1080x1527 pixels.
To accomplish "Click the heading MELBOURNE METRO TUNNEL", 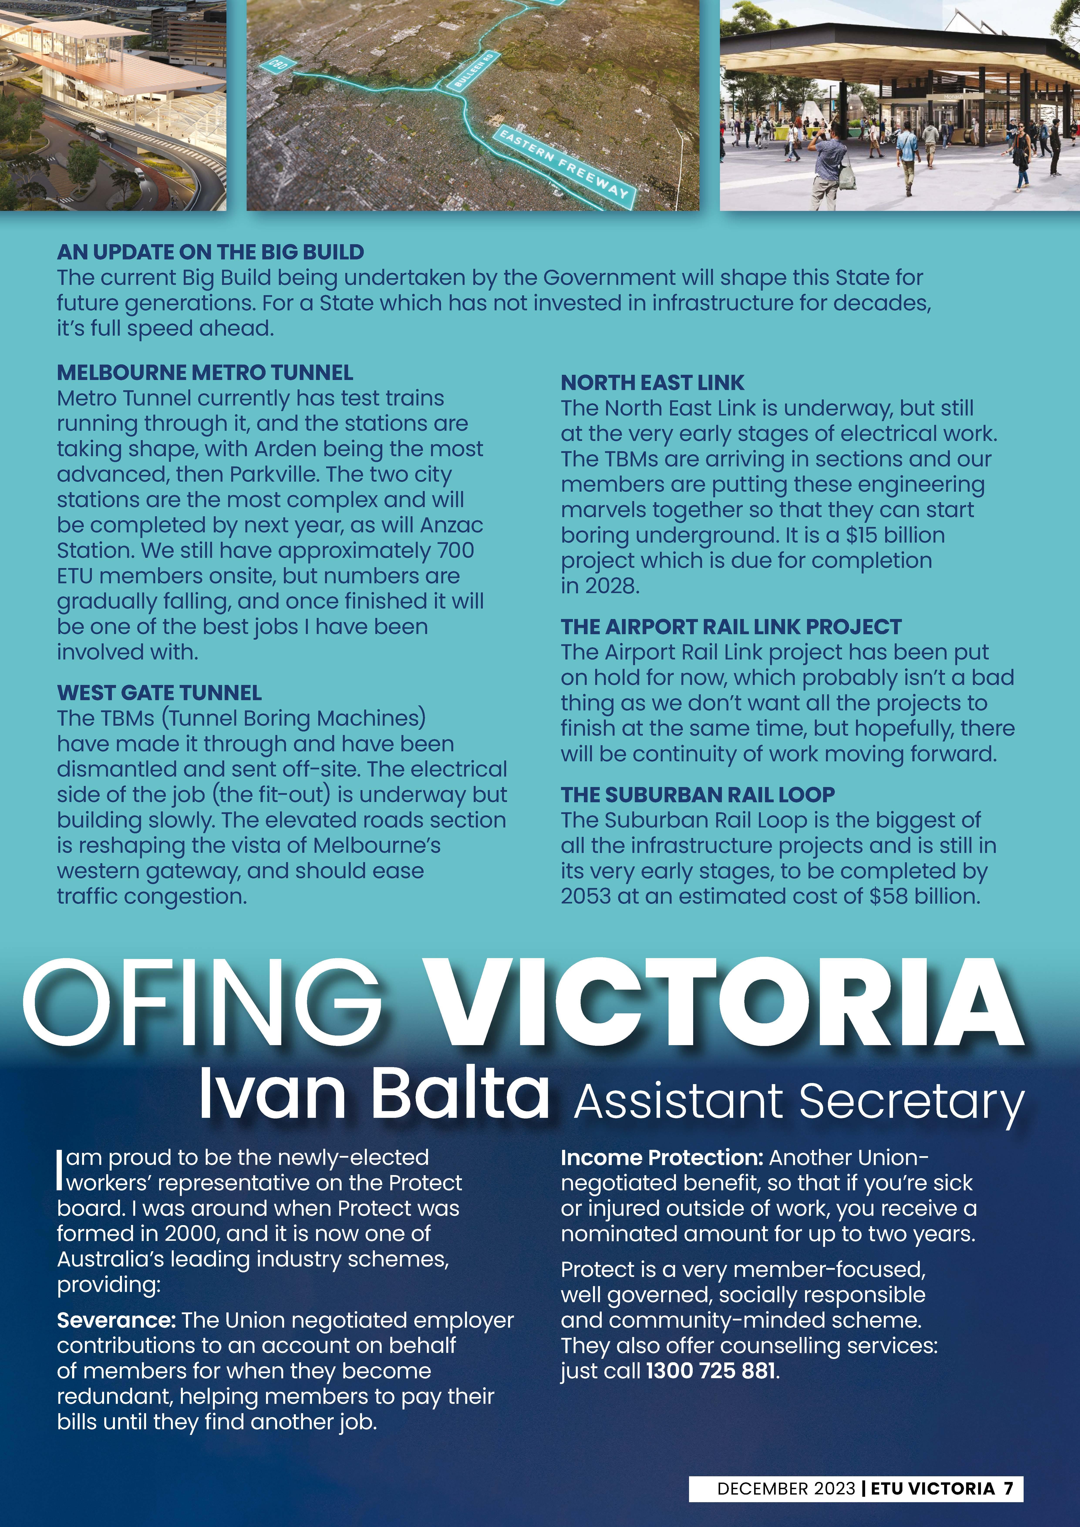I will tap(205, 372).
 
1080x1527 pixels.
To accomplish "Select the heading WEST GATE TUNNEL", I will tap(159, 693).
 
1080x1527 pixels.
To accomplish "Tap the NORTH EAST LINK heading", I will tap(652, 383).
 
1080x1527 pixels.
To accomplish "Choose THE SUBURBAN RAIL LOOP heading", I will tap(697, 795).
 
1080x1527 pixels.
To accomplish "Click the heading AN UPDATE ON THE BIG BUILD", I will tap(210, 252).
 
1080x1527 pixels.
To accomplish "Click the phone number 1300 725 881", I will tap(711, 1371).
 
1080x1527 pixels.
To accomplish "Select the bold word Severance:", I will tap(116, 1320).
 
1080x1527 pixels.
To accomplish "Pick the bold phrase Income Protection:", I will tap(661, 1158).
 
